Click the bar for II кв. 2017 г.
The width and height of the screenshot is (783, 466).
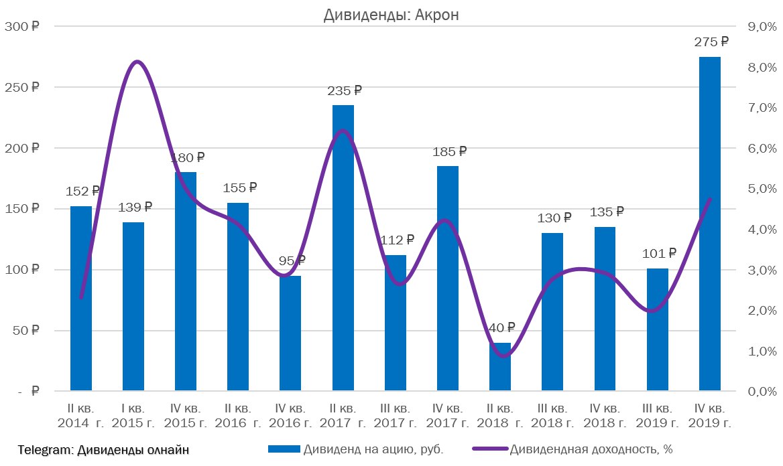[343, 248]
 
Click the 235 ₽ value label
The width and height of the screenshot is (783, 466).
[343, 90]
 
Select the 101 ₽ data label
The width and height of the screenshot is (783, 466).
[658, 253]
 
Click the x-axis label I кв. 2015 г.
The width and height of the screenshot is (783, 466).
[133, 416]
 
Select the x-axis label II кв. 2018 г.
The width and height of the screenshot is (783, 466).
[500, 416]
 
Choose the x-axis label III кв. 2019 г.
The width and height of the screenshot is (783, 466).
[658, 416]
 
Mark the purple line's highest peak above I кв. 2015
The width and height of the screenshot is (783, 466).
[137, 62]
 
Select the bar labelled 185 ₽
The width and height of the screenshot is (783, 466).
[448, 278]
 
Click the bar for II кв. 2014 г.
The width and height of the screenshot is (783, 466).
[81, 298]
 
